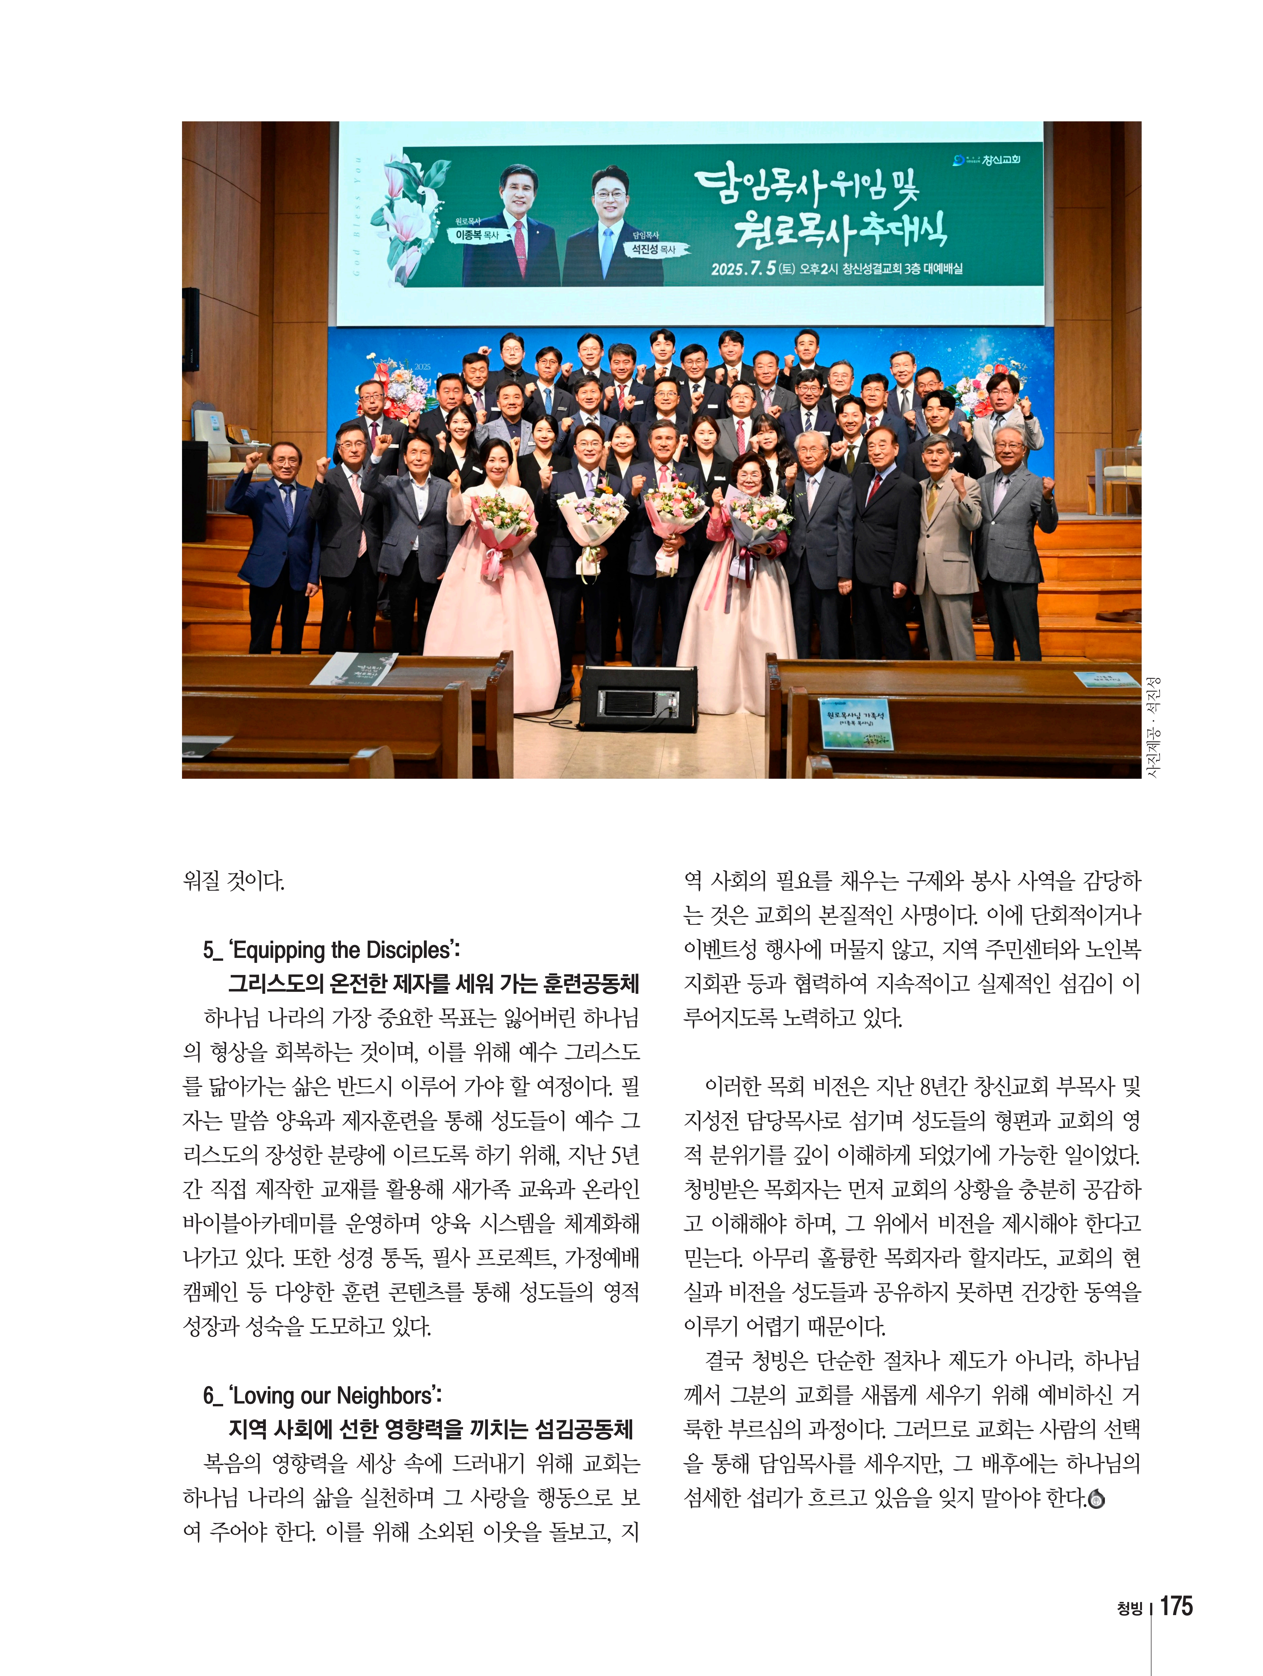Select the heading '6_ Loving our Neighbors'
click(322, 1395)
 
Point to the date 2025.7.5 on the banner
click(742, 269)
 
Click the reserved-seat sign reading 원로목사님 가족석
click(856, 723)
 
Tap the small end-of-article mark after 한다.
click(1096, 1498)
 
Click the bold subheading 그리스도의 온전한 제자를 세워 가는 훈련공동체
click(433, 983)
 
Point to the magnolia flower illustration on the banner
click(413, 216)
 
